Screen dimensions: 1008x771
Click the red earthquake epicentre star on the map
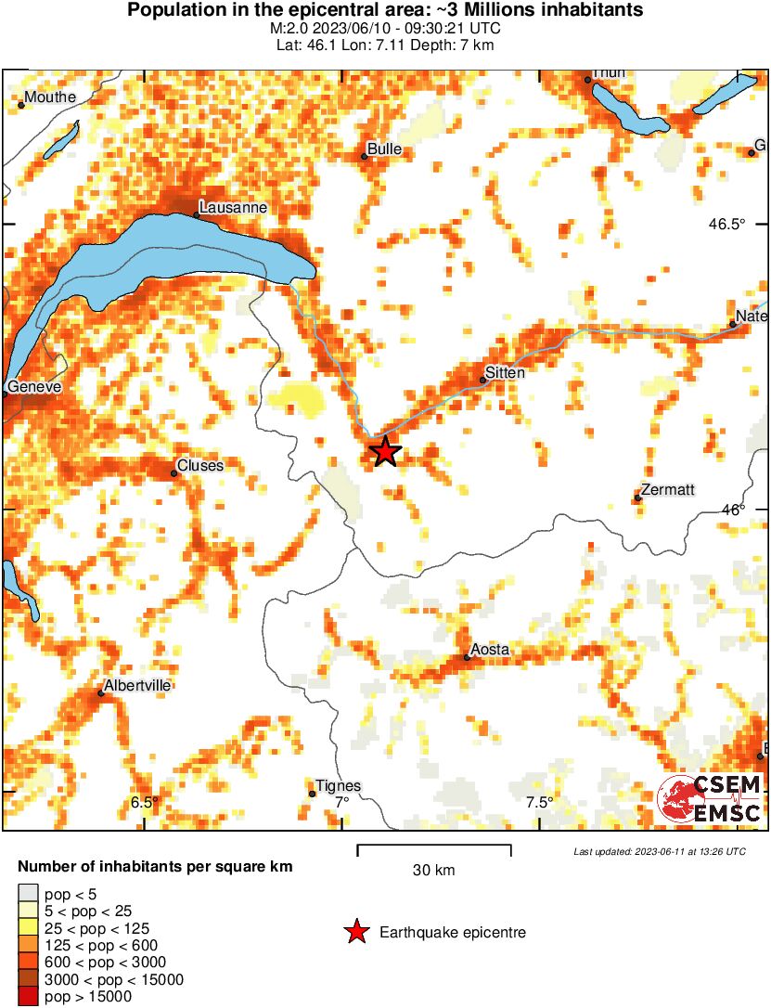385,452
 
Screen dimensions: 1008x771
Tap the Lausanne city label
233,207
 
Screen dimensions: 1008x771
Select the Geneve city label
34,386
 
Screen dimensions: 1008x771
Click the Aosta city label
490,650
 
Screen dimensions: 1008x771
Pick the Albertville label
138,685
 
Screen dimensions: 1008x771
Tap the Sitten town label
506,373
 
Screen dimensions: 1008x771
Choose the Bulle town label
384,149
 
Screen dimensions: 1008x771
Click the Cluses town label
200,465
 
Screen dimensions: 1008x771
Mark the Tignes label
339,785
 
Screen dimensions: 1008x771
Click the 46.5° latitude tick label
726,224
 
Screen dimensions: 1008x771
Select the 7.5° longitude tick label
539,802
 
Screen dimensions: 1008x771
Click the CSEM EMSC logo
710,799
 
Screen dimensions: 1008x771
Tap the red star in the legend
356,932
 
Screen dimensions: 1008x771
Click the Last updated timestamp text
659,851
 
